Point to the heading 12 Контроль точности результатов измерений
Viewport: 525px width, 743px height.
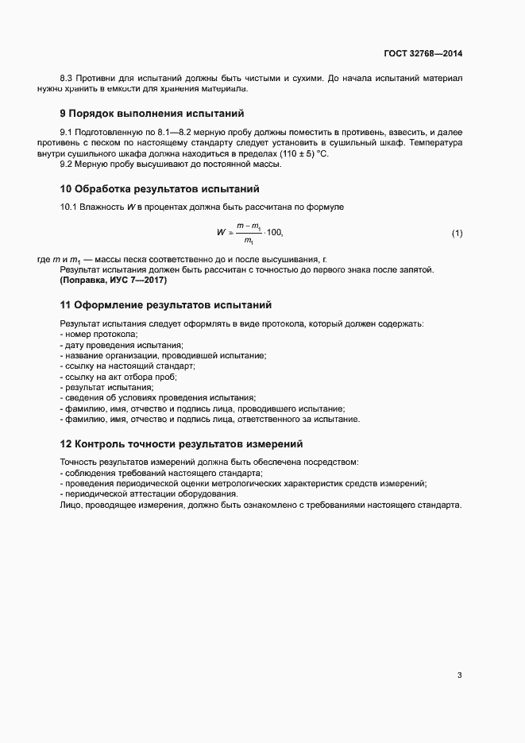(x=182, y=443)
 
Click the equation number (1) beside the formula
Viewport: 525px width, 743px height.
(x=457, y=233)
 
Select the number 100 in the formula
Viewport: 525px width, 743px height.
(x=274, y=233)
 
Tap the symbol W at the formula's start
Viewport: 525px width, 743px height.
(x=220, y=233)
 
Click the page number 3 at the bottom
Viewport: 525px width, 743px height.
(x=459, y=675)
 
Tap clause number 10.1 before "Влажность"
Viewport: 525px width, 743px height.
(x=69, y=208)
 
